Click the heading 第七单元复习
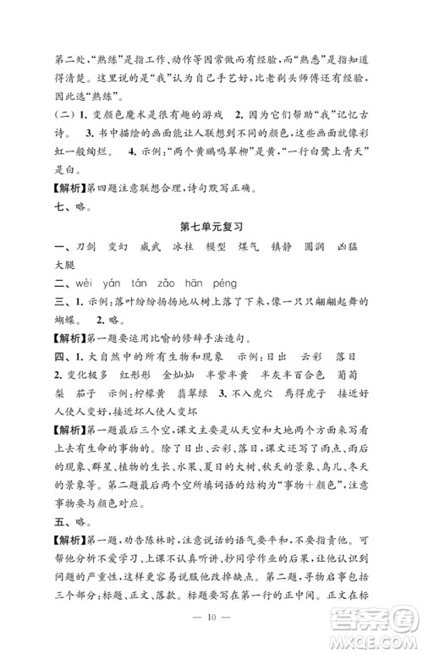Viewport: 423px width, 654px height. point(212,228)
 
